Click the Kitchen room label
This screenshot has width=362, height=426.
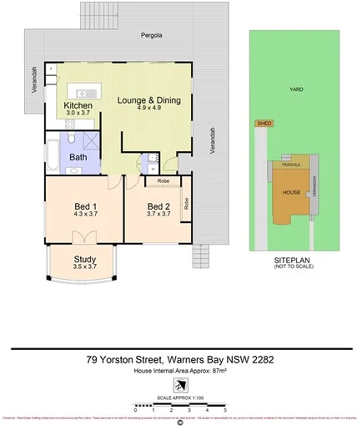pyautogui.click(x=78, y=106)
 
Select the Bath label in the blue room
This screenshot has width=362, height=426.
pyautogui.click(x=78, y=156)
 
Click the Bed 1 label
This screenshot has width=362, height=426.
pyautogui.click(x=85, y=206)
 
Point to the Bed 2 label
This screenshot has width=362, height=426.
pyautogui.click(x=158, y=206)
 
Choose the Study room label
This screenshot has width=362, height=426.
pyautogui.click(x=85, y=259)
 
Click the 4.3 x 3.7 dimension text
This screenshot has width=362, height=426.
pyautogui.click(x=85, y=216)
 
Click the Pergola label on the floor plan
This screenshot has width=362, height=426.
pyautogui.click(x=151, y=37)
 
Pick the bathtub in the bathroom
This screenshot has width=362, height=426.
pyautogui.click(x=52, y=155)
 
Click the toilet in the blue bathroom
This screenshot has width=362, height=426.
pyautogui.click(x=73, y=139)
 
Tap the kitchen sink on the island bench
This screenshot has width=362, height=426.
pyautogui.click(x=86, y=88)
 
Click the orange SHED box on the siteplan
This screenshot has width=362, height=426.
pyautogui.click(x=264, y=123)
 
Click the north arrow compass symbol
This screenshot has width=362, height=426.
pyautogui.click(x=180, y=384)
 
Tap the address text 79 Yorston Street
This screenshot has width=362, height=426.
pyautogui.click(x=128, y=361)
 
